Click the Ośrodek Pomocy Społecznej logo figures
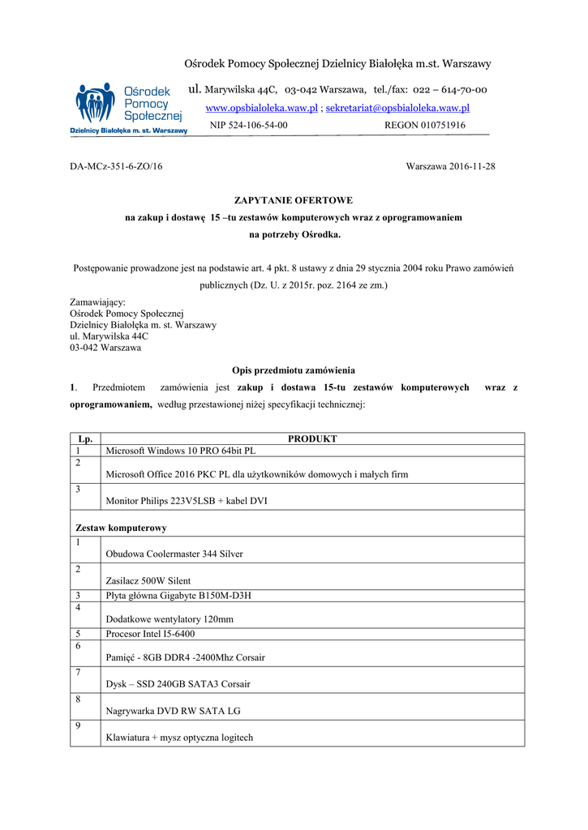(96, 104)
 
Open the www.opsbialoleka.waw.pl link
(261, 108)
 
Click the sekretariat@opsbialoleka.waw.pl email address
(397, 108)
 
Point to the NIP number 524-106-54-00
(248, 126)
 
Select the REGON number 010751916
(425, 126)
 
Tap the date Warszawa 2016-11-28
(450, 166)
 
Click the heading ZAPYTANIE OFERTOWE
(294, 199)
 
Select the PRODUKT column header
(312, 439)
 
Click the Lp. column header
(85, 439)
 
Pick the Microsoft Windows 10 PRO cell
(181, 451)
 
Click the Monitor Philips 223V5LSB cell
(187, 501)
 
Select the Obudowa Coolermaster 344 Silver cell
(174, 554)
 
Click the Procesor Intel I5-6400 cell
(150, 634)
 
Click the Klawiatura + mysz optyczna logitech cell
(179, 738)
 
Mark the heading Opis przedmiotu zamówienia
(294, 370)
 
